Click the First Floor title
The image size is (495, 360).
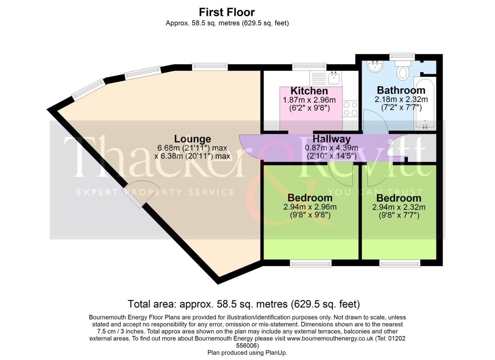[x=227, y=12]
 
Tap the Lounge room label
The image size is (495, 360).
[x=192, y=139]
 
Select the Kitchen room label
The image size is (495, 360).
[x=309, y=91]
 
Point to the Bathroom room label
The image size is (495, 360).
[x=401, y=90]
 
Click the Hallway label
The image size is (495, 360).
[x=331, y=139]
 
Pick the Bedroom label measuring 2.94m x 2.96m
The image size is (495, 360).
[x=310, y=198]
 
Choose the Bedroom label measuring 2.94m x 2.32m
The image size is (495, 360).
[x=399, y=198]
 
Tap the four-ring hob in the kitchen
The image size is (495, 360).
[x=350, y=109]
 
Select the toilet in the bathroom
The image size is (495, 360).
[x=403, y=71]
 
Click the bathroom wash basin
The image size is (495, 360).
[x=375, y=66]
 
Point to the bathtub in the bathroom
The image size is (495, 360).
[x=424, y=103]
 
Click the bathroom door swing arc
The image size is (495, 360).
[x=375, y=121]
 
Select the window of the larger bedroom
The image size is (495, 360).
[x=311, y=264]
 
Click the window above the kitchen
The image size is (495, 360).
[x=310, y=67]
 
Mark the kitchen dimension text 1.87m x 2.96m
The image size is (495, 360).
[x=309, y=100]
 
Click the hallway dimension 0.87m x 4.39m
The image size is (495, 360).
[x=331, y=148]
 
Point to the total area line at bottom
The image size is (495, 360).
[x=244, y=304]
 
